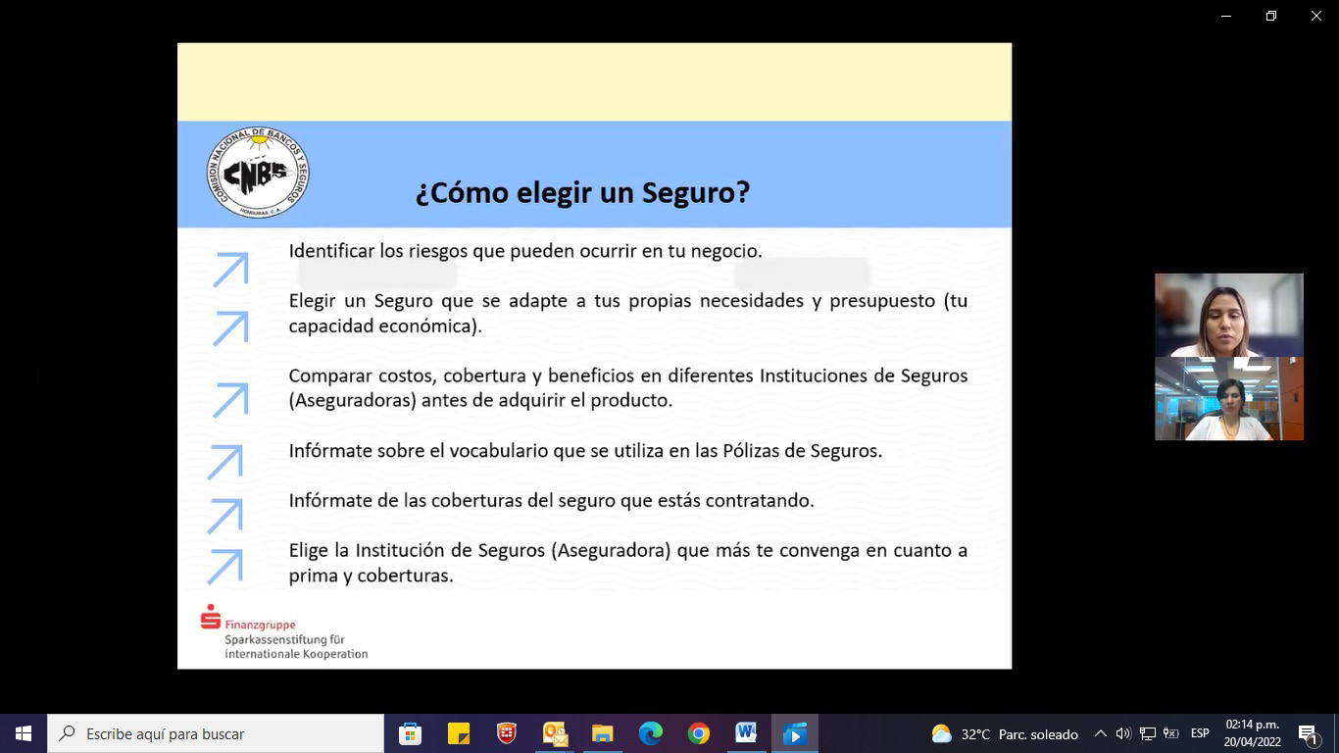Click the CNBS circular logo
click(x=258, y=173)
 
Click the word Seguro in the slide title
click(x=696, y=192)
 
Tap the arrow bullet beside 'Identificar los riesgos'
click(x=230, y=270)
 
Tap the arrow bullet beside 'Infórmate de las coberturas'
click(x=225, y=516)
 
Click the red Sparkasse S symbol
click(x=210, y=617)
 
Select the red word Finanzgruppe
click(x=260, y=625)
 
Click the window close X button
click(x=1315, y=16)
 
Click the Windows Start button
click(x=24, y=733)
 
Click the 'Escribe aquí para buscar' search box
click(x=216, y=733)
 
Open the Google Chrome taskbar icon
click(x=698, y=733)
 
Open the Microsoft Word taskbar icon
click(x=746, y=732)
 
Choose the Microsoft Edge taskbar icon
click(x=650, y=733)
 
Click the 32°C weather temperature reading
click(x=975, y=734)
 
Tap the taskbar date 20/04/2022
click(x=1253, y=742)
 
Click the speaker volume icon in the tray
click(x=1123, y=733)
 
